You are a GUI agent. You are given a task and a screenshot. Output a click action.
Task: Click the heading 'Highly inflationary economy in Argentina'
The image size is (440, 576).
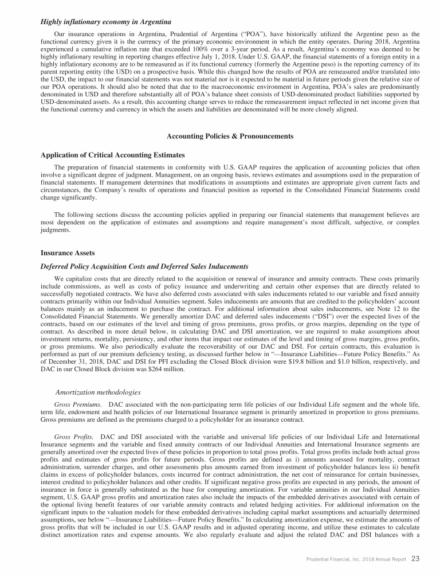coord(106,22)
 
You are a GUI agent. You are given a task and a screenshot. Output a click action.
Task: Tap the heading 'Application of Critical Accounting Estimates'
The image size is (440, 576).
coord(113,155)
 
